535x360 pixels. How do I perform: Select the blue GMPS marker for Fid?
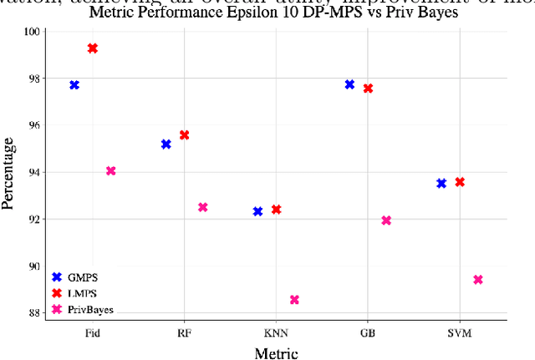(x=74, y=85)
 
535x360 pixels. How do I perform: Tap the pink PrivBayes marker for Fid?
(x=111, y=171)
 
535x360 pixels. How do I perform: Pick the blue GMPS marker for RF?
(x=166, y=145)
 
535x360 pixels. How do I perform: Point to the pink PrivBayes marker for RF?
(x=203, y=207)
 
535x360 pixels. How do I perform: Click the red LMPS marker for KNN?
(x=276, y=210)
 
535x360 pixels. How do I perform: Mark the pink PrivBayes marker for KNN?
(x=294, y=300)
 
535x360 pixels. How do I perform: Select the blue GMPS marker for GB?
(x=349, y=84)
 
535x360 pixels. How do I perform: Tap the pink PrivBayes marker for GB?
(x=386, y=221)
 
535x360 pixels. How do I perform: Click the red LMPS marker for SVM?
(x=460, y=182)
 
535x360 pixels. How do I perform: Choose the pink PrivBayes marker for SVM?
(x=478, y=280)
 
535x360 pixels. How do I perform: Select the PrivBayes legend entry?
(x=84, y=309)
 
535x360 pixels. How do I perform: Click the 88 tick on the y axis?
(x=33, y=313)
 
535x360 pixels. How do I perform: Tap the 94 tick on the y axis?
(x=33, y=172)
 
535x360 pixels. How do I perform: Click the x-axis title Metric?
(x=276, y=352)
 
